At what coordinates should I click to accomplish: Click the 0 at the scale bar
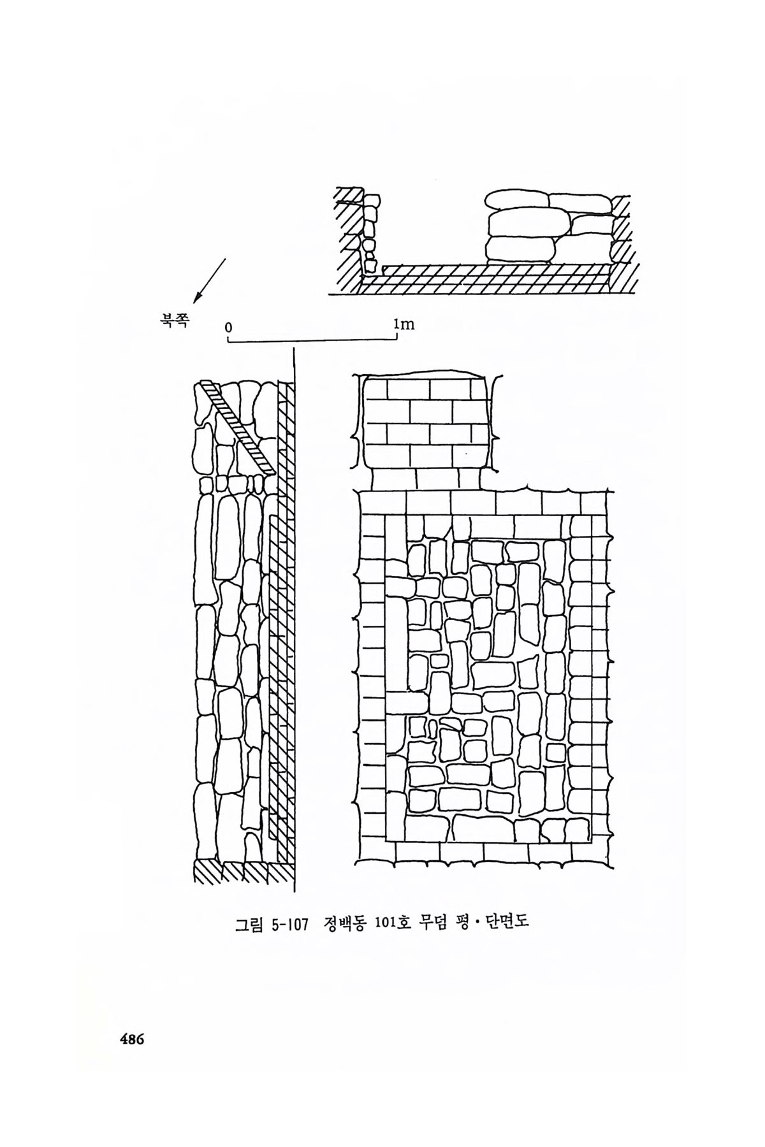pyautogui.click(x=228, y=327)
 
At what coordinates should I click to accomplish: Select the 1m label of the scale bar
pyautogui.click(x=404, y=324)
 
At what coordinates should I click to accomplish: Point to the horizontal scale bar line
pyautogui.click(x=312, y=342)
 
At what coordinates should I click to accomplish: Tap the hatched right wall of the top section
pyautogui.click(x=622, y=242)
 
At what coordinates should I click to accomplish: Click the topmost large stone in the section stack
pyautogui.click(x=516, y=200)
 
